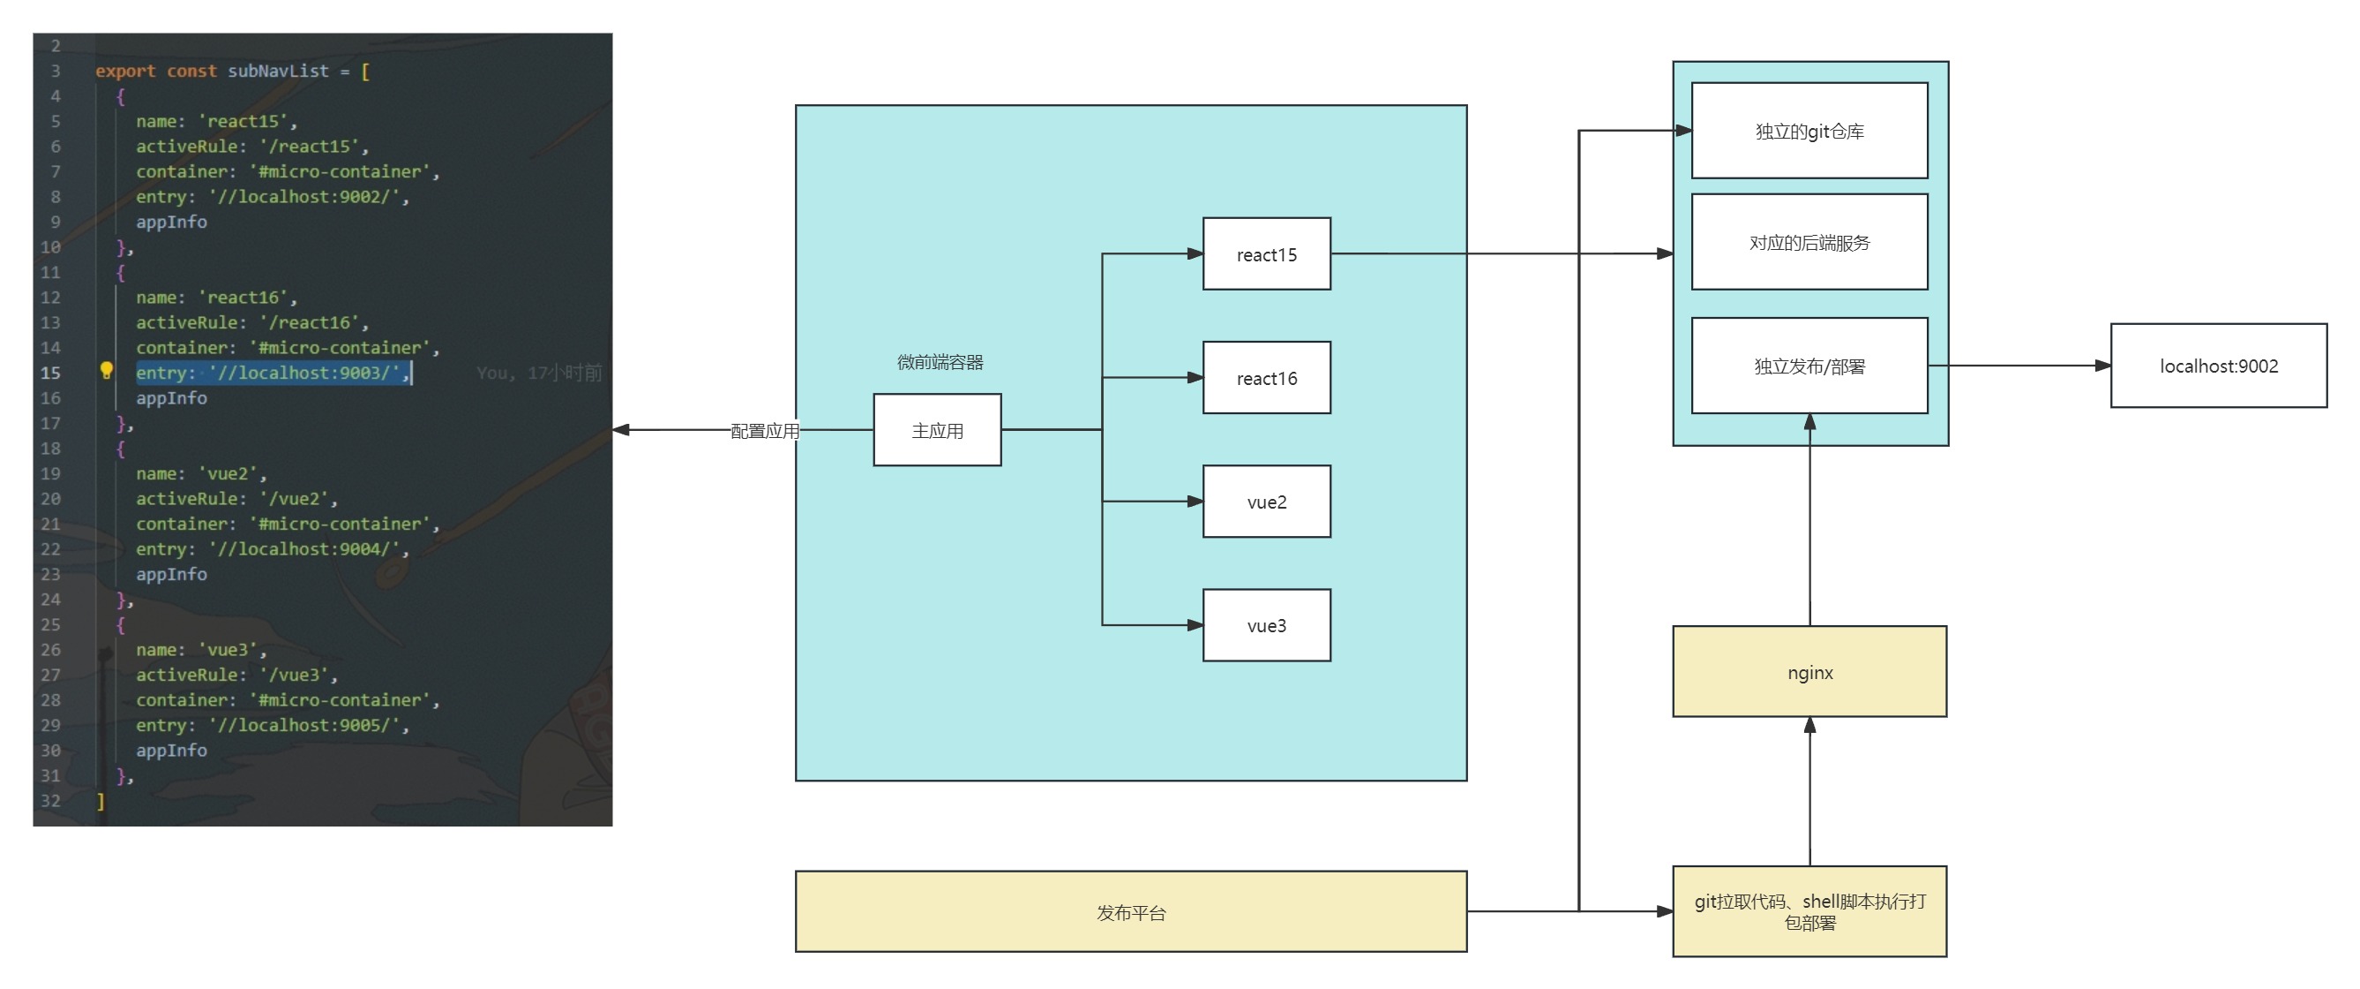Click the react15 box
[1266, 254]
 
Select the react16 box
[1266, 378]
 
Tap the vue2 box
[1266, 502]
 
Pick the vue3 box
[1266, 625]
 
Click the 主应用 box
[936, 430]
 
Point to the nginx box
[1809, 672]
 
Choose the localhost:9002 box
[2218, 366]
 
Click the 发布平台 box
[1130, 912]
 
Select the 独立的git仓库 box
[1809, 131]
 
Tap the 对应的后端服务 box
[1809, 242]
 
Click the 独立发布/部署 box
[1809, 366]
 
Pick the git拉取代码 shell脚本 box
[1809, 912]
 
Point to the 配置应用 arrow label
[764, 431]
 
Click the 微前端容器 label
[940, 362]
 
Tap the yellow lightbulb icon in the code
[106, 370]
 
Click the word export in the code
[125, 71]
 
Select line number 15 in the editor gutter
[50, 373]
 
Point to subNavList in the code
[278, 71]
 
